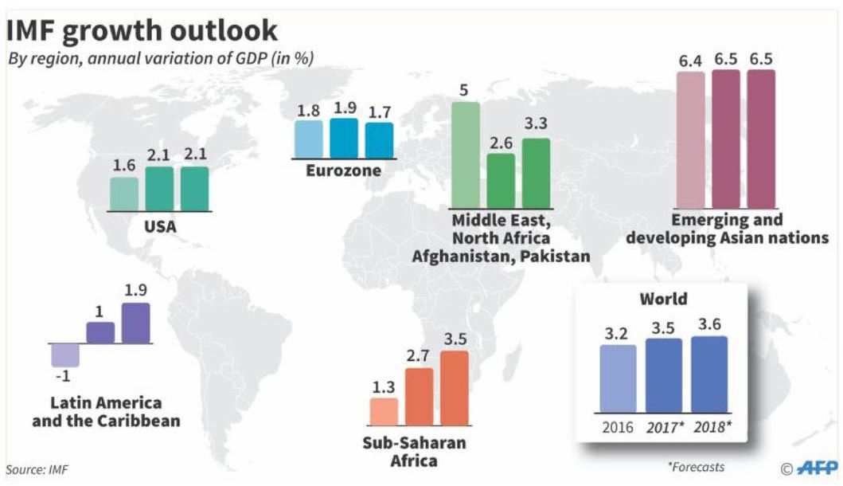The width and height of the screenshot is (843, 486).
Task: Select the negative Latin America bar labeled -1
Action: [x=64, y=355]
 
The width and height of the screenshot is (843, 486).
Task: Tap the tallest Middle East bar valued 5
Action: [x=466, y=155]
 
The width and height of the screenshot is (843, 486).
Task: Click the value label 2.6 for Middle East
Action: [x=501, y=143]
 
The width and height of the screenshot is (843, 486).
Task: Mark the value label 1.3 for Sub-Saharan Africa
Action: [x=384, y=388]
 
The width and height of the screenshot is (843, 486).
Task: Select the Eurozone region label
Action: [x=343, y=170]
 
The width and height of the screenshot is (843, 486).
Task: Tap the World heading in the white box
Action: [x=663, y=300]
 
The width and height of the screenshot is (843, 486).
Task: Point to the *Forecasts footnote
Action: [x=697, y=467]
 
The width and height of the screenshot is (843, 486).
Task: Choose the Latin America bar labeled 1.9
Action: [x=135, y=323]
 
